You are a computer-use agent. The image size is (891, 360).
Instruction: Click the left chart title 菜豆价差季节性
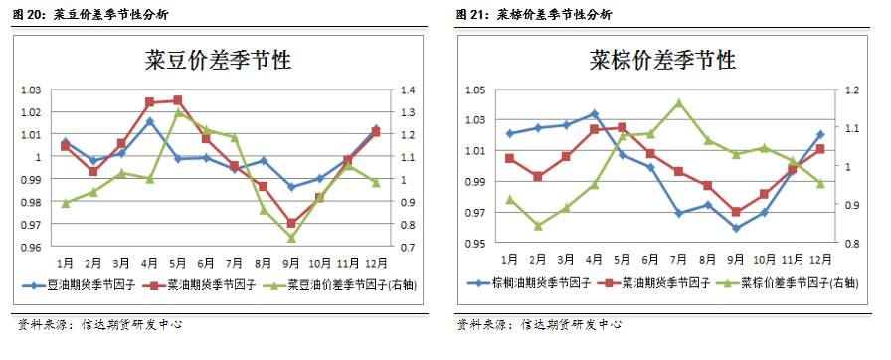218,61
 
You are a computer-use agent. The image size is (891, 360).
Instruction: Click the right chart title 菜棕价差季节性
661,60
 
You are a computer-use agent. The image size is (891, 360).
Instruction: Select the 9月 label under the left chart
290,263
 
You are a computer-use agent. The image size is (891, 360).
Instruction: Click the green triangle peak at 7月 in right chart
679,102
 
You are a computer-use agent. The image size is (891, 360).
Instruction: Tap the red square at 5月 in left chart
178,99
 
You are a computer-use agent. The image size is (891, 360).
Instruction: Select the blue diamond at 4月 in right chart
594,113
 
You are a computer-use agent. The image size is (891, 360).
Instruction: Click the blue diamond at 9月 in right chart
736,228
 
